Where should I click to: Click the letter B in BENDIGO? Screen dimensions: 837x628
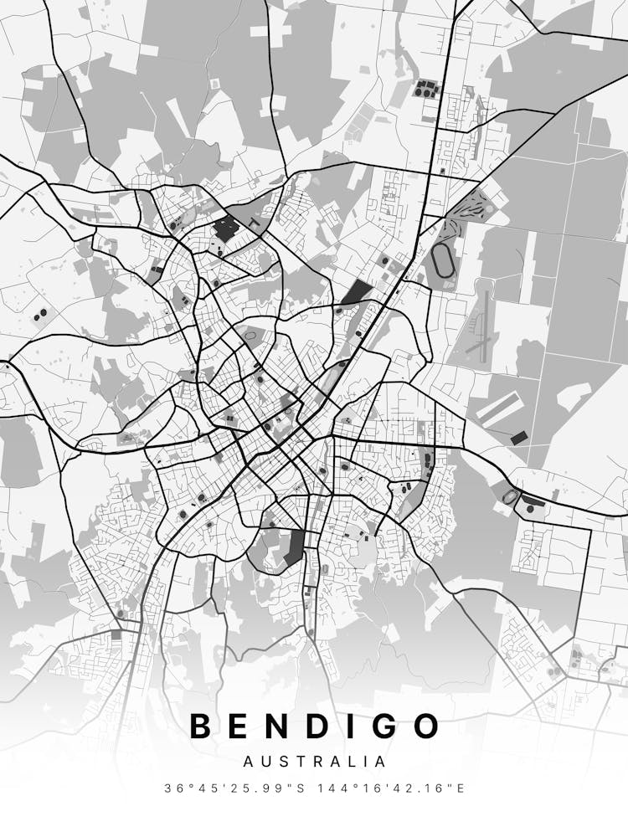(x=201, y=727)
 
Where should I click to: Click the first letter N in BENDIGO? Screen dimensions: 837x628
(x=269, y=727)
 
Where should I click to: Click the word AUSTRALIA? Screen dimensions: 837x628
(x=314, y=762)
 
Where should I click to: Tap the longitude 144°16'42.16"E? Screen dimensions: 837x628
(x=394, y=788)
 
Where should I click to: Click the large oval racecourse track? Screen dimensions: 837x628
(x=442, y=261)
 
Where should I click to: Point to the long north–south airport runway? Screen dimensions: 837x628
(x=483, y=322)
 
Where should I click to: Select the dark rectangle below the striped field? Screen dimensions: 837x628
(x=519, y=437)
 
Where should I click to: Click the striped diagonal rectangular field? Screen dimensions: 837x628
(x=501, y=409)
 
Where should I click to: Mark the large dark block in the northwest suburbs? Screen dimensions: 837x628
(x=225, y=228)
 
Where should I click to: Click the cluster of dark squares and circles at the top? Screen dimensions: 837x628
(x=427, y=87)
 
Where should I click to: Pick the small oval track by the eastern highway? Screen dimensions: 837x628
(x=511, y=496)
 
